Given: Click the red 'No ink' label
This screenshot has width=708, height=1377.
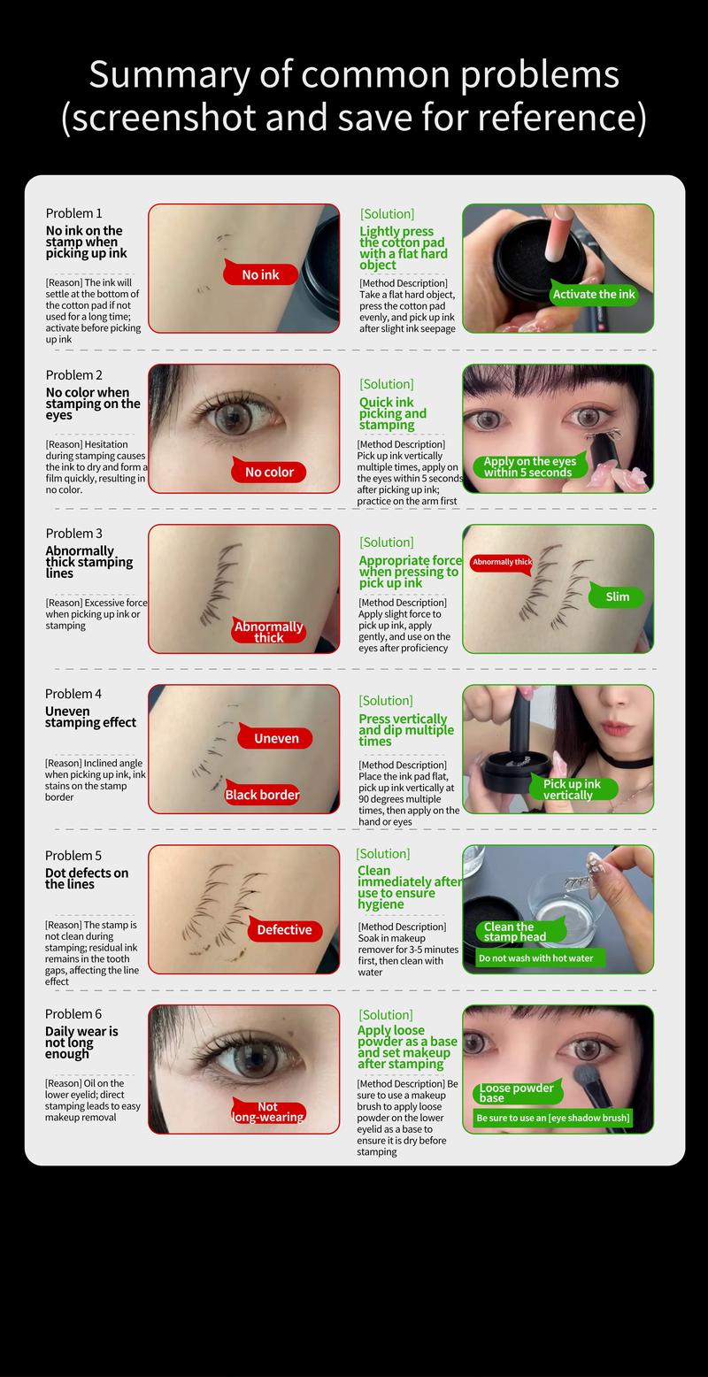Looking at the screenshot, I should pos(261,275).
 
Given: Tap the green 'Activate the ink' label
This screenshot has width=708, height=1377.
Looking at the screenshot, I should pos(594,295).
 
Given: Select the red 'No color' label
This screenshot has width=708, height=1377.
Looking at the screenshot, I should pos(269,472).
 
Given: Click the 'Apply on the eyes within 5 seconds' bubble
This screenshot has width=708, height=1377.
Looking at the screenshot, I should pos(529,466).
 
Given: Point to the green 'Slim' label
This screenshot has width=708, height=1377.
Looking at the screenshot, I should pos(618,596).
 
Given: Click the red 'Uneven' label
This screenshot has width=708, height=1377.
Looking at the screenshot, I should pos(276,738).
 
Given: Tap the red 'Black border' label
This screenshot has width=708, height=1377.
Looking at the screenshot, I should pos(262,795).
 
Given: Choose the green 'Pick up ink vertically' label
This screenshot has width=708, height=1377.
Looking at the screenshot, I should pos(571,789).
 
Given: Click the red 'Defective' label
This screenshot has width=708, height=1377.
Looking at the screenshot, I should pos(284,930).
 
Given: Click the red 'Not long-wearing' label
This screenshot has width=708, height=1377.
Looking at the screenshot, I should pos(268,1112).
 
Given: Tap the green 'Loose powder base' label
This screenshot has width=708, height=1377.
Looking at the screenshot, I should pos(516,1093).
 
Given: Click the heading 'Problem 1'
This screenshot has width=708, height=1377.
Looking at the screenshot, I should pos(73,213).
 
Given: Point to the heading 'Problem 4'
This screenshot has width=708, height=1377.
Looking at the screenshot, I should pos(73,694).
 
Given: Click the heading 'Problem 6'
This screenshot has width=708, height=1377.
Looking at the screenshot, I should pos(73,1014).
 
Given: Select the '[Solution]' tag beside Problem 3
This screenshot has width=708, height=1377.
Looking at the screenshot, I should pos(387,542).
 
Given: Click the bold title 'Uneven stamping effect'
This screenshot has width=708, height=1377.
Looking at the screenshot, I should pos(90,717).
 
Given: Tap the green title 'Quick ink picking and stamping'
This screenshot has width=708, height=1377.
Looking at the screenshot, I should pos(392,413).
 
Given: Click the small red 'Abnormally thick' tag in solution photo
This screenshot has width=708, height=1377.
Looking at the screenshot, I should pos(502,562).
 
